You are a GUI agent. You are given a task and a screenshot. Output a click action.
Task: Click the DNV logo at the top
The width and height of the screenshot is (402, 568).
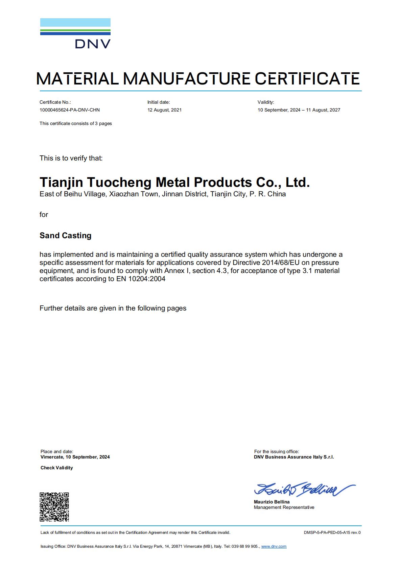pyautogui.click(x=75, y=33)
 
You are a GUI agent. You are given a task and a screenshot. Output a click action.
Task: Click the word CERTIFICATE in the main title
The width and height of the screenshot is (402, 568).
pyautogui.click(x=307, y=79)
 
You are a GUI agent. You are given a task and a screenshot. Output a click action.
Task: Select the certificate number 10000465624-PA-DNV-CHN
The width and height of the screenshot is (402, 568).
pyautogui.click(x=70, y=110)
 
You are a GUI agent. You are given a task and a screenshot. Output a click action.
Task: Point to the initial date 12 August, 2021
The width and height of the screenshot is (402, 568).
pyautogui.click(x=164, y=110)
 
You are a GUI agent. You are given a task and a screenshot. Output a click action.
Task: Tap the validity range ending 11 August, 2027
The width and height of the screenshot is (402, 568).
pyautogui.click(x=299, y=110)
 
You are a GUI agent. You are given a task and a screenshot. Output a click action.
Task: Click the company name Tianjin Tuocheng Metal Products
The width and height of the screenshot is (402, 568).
pyautogui.click(x=174, y=182)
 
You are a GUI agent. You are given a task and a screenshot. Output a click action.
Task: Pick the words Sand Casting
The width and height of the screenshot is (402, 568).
pyautogui.click(x=66, y=236)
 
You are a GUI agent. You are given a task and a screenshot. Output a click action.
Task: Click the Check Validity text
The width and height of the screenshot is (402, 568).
pyautogui.click(x=57, y=468)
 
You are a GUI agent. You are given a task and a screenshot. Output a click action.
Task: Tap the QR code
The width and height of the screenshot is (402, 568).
pyautogui.click(x=54, y=507)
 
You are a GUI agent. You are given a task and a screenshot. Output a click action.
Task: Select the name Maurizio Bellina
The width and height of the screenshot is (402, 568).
pyautogui.click(x=272, y=502)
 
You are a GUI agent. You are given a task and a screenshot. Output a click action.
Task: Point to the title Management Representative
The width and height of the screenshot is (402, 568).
pyautogui.click(x=284, y=507)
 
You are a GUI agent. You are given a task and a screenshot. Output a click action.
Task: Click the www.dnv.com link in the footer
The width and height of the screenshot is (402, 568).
pyautogui.click(x=274, y=546)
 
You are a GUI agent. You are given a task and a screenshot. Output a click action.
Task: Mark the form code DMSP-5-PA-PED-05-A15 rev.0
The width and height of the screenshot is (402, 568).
pyautogui.click(x=332, y=533)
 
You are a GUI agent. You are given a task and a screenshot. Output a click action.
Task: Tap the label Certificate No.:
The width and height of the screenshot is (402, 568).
pyautogui.click(x=55, y=102)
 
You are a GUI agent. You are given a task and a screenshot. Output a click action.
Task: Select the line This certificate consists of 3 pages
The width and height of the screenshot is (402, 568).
pyautogui.click(x=76, y=123)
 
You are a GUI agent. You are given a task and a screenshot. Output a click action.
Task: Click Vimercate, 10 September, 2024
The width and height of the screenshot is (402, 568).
pyautogui.click(x=75, y=457)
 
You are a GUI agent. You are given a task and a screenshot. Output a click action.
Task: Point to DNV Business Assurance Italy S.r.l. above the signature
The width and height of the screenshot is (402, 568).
pyautogui.click(x=294, y=457)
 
